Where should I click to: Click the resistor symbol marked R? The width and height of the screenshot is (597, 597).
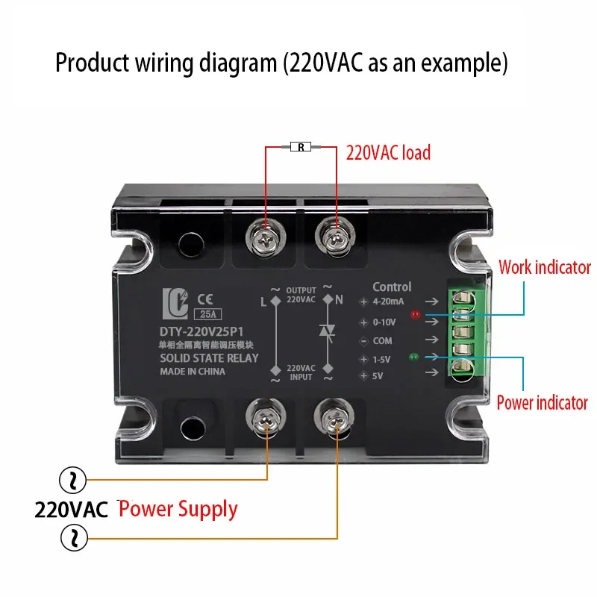(x=301, y=147)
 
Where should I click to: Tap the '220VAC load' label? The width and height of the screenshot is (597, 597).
(x=388, y=153)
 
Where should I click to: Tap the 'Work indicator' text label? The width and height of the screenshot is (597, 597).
(x=544, y=267)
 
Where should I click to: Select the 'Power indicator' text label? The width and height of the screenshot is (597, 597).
(x=542, y=403)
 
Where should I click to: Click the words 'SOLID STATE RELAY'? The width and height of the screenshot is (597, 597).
(x=209, y=357)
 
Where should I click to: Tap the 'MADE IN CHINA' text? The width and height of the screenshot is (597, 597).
(x=193, y=371)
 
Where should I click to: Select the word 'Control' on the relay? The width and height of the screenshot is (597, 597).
(x=392, y=287)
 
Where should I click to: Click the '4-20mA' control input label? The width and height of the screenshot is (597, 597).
(x=387, y=302)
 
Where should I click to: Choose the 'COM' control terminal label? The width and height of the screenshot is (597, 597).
(x=383, y=340)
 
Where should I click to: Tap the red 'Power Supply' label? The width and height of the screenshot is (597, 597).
(x=178, y=510)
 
